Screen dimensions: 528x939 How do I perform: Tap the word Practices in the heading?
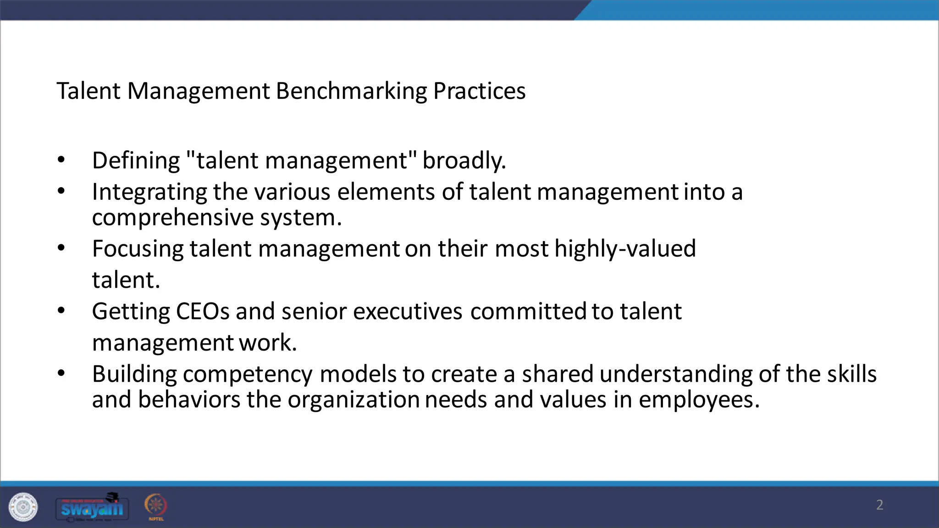click(479, 91)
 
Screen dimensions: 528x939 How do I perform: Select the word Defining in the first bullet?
click(136, 161)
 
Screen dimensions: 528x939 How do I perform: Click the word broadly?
click(464, 161)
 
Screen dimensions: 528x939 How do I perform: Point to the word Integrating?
click(149, 192)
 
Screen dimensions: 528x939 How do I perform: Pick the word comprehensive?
click(173, 218)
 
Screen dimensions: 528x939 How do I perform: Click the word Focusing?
click(138, 249)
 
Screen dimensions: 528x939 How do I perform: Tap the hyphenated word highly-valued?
click(625, 249)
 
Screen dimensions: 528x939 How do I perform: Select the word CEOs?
click(202, 312)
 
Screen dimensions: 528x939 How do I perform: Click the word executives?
click(408, 312)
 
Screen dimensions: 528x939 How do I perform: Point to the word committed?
click(528, 312)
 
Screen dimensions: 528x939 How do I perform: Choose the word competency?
click(248, 374)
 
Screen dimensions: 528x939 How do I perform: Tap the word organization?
click(353, 400)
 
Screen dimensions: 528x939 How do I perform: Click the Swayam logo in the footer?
click(92, 507)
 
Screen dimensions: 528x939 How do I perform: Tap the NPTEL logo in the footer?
click(156, 506)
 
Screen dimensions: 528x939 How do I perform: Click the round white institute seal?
click(23, 507)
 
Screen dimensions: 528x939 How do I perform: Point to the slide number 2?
click(879, 505)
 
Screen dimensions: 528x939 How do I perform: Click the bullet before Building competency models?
click(61, 373)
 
